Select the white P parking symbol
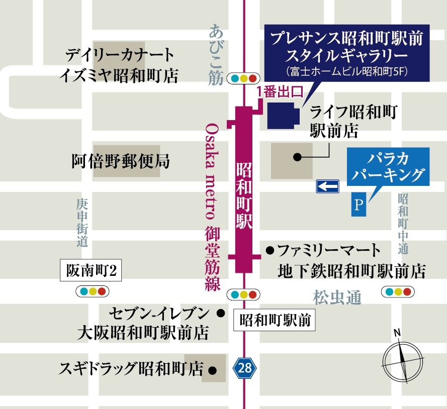[359, 204]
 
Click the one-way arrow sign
[327, 187]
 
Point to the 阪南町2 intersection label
[91, 271]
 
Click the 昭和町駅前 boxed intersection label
[275, 320]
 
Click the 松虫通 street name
[337, 298]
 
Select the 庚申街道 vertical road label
[82, 222]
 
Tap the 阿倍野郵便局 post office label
[120, 162]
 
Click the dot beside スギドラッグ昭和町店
[213, 371]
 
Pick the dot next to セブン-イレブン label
[220, 313]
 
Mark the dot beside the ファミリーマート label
[270, 249]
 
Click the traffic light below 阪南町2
[92, 291]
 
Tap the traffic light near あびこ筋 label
[243, 78]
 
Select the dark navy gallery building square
[282, 115]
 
